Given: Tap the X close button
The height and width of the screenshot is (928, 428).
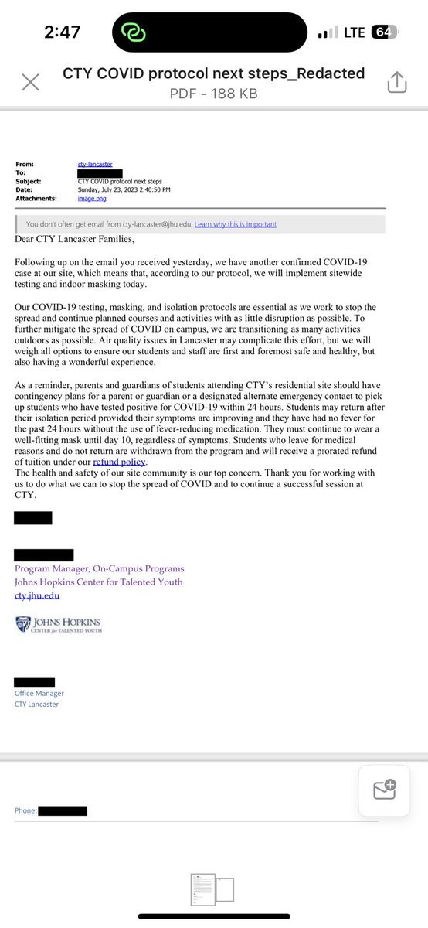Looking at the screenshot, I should pyautogui.click(x=31, y=83).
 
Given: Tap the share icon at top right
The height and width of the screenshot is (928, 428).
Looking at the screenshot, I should pyautogui.click(x=397, y=83).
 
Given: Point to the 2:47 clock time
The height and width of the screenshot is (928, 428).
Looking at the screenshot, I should pyautogui.click(x=62, y=32).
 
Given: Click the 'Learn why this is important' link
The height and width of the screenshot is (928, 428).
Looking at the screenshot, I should pyautogui.click(x=235, y=224).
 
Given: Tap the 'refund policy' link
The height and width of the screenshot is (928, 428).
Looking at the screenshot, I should pyautogui.click(x=119, y=462).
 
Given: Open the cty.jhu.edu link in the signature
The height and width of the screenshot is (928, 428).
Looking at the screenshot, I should pyautogui.click(x=37, y=595).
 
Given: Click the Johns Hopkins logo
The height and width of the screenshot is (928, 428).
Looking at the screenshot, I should pyautogui.click(x=58, y=625).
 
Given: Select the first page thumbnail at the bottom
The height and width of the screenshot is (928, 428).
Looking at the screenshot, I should pyautogui.click(x=203, y=889).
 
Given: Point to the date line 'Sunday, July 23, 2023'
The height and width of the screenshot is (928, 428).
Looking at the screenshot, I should pyautogui.click(x=124, y=189).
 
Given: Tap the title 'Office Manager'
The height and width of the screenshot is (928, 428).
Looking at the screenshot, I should pyautogui.click(x=39, y=694).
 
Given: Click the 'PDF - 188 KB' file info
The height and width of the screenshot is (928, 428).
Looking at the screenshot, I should pyautogui.click(x=212, y=94).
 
